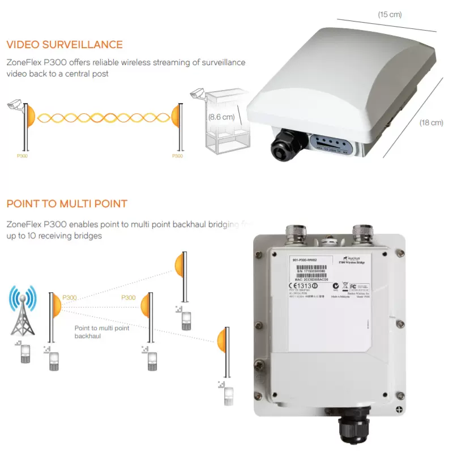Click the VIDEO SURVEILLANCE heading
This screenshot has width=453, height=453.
tap(64, 45)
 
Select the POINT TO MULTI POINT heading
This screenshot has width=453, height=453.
tap(67, 204)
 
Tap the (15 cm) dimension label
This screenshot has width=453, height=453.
tap(390, 15)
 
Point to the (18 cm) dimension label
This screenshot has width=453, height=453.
tap(431, 122)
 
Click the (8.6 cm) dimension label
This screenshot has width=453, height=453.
tap(221, 117)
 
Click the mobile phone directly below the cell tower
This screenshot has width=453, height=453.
tap(25, 353)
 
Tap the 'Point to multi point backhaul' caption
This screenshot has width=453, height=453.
tap(102, 332)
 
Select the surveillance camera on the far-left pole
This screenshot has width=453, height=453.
tap(14, 105)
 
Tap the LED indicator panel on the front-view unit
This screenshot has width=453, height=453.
tap(328, 144)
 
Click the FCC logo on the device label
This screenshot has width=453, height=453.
tap(353, 286)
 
